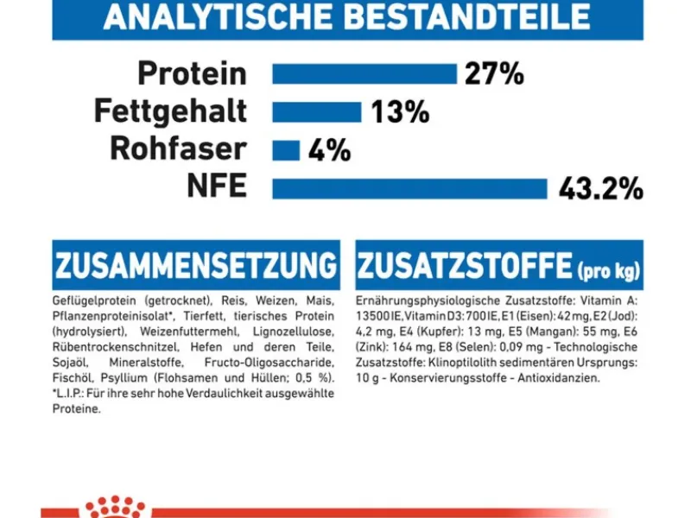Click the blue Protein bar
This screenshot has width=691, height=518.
(x=364, y=74)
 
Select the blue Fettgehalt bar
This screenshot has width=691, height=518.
(x=316, y=112)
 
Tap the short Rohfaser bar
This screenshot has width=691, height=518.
(x=285, y=150)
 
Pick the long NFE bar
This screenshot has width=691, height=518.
(x=409, y=188)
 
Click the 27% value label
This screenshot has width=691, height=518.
(x=494, y=74)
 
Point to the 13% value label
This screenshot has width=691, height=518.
(x=400, y=112)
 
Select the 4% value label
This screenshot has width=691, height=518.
(x=329, y=151)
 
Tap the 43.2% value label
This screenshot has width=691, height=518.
(x=600, y=188)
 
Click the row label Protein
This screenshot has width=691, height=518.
(x=192, y=74)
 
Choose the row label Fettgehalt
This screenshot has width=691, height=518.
(x=170, y=112)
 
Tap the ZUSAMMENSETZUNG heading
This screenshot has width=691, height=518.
(x=195, y=266)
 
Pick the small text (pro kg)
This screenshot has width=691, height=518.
(x=609, y=271)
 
